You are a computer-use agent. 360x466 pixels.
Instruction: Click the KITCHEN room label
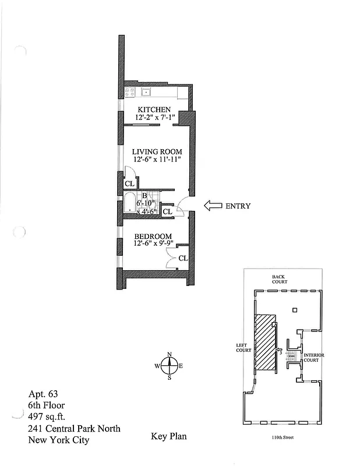click(154, 110)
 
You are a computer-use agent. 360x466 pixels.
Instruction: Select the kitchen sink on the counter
click(146, 91)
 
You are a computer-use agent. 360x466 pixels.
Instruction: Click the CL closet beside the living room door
click(129, 184)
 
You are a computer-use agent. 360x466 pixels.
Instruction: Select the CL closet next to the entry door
click(167, 211)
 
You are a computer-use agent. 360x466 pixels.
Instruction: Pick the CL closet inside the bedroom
click(183, 257)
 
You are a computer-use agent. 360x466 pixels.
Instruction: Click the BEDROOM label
click(153, 236)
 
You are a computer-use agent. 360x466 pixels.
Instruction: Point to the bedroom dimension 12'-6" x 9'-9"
click(153, 243)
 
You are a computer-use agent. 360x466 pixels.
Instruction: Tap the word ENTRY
click(238, 206)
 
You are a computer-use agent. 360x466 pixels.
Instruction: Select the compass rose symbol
click(170, 366)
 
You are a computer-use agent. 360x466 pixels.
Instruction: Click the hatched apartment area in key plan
click(266, 341)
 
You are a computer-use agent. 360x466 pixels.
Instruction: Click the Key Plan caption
click(169, 436)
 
